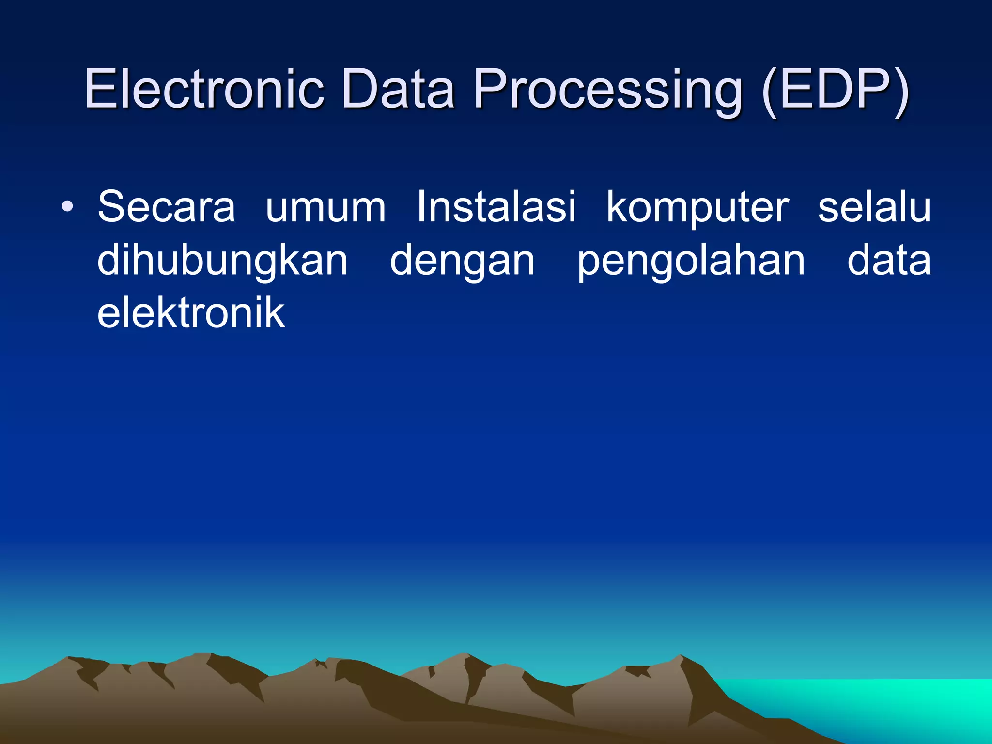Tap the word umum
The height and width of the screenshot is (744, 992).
coord(325,207)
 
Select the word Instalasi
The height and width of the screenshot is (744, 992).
coord(496,207)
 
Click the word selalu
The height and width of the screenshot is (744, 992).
coord(874,207)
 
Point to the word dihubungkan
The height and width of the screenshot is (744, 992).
coord(222,262)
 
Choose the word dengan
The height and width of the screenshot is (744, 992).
coord(462,262)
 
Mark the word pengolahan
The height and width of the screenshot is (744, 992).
coord(691,262)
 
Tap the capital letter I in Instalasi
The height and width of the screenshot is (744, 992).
coord(420,207)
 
